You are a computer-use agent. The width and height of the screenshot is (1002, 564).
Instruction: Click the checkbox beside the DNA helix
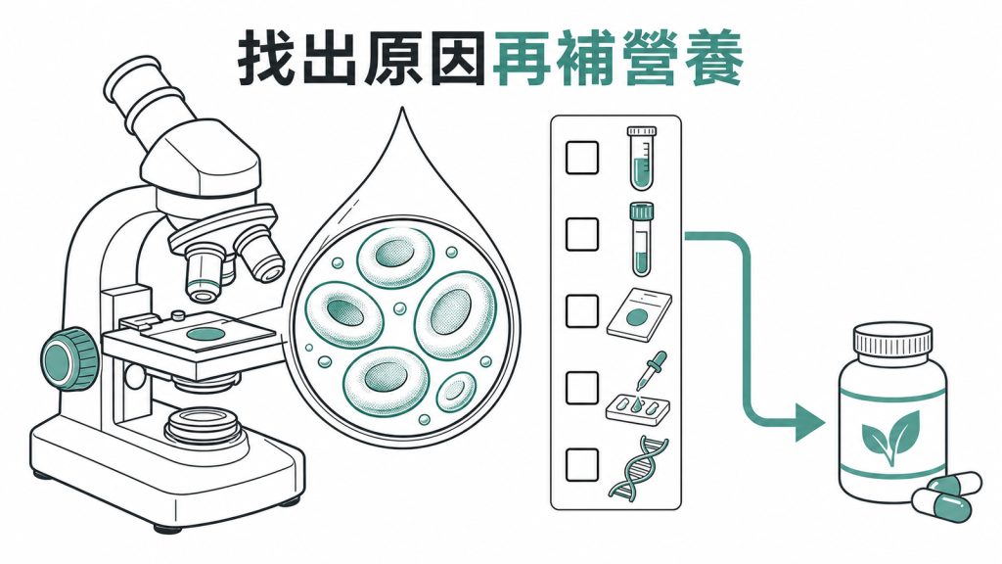tap(582, 465)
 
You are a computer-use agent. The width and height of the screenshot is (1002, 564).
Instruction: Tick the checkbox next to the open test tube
tap(582, 158)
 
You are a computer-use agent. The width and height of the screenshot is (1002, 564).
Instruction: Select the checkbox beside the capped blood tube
tap(582, 234)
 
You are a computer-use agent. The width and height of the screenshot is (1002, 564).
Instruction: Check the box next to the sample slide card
tap(582, 311)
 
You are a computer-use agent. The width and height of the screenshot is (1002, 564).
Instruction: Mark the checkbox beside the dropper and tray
tap(582, 388)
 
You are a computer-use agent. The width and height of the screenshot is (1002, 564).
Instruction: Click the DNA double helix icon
tap(638, 467)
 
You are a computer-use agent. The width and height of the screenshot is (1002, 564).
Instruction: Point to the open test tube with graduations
tap(642, 158)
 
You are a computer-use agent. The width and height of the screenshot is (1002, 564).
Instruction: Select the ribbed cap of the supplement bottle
tap(892, 340)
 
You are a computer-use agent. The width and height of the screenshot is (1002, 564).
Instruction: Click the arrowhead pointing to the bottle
tap(809, 422)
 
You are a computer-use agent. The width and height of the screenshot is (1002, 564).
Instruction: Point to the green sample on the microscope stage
tap(205, 334)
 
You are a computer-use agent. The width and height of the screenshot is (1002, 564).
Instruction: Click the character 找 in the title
tap(266, 59)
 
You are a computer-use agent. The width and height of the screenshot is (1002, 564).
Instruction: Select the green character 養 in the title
tap(713, 59)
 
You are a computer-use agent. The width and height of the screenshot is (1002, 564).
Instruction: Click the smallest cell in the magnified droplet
tap(456, 393)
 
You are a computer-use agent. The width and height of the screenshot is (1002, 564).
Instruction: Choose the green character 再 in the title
tap(524, 59)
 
